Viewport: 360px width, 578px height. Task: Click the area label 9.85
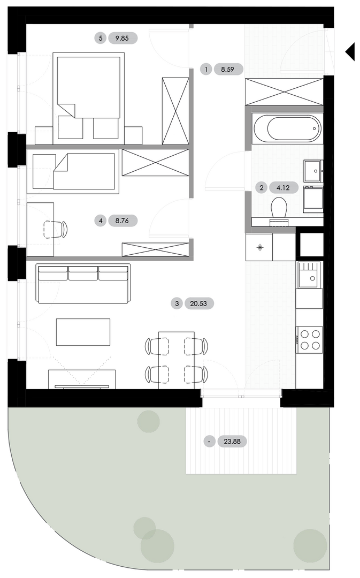click(x=122, y=38)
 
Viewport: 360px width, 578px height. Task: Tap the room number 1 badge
click(x=206, y=69)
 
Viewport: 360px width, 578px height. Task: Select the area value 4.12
click(x=284, y=188)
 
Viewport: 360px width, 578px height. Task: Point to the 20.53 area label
click(x=199, y=303)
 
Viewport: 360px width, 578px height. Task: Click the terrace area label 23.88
click(x=232, y=441)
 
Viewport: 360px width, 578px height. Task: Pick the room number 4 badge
click(x=101, y=221)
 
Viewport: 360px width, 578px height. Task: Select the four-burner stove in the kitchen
click(x=310, y=340)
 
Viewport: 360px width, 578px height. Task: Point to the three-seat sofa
click(x=83, y=284)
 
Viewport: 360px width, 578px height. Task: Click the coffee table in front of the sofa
click(x=83, y=332)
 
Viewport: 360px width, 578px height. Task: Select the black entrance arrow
click(x=350, y=51)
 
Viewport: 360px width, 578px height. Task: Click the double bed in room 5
click(x=88, y=98)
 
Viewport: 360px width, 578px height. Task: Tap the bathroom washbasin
click(x=313, y=171)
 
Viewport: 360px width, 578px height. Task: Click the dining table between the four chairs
click(x=176, y=360)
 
